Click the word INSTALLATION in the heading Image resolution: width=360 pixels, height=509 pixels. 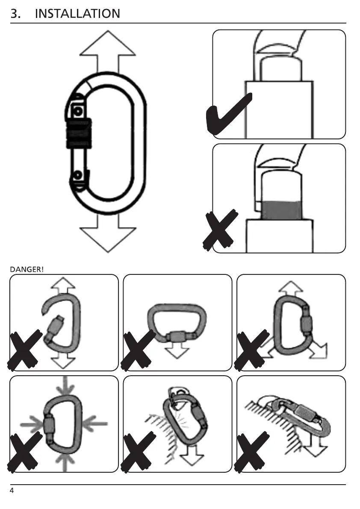pyautogui.click(x=77, y=14)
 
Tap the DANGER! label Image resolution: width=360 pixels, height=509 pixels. pyautogui.click(x=27, y=269)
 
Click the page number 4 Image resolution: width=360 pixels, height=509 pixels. pyautogui.click(x=12, y=490)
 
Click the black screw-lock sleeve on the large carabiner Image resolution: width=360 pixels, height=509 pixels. pyautogui.click(x=78, y=133)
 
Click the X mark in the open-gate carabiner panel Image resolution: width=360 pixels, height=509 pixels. pyautogui.click(x=24, y=350)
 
